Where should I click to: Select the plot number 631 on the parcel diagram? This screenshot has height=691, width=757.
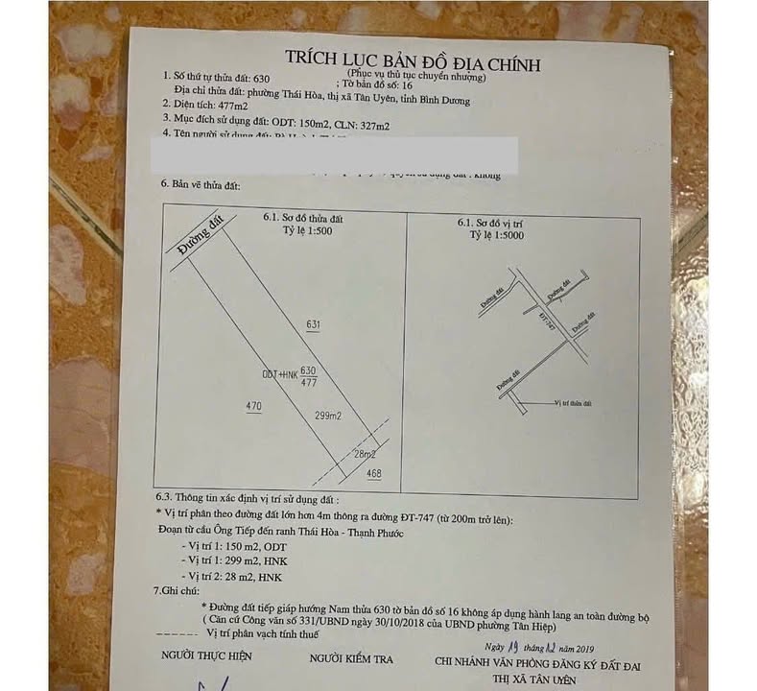[313, 324]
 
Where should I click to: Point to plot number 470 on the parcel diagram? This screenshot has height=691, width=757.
[253, 407]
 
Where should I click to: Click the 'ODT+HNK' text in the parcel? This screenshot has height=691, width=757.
[279, 373]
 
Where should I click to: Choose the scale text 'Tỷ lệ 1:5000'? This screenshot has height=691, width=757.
[498, 233]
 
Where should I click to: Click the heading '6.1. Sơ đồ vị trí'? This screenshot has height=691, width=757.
[497, 222]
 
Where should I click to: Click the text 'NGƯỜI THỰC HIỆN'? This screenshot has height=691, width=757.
[205, 658]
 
